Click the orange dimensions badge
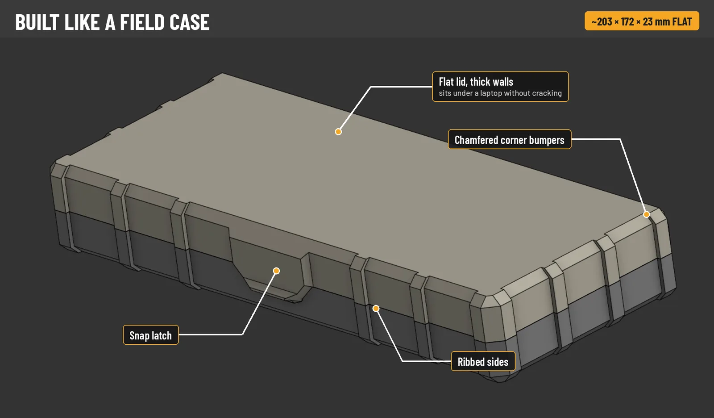[x=642, y=21]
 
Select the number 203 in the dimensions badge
[x=604, y=22]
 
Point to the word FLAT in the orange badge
[x=682, y=22]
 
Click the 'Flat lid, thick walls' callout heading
[x=476, y=82]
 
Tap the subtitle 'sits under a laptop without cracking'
[x=500, y=93]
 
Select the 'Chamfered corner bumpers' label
[x=509, y=139]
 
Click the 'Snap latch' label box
[x=151, y=335]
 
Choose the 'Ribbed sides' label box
[x=483, y=361]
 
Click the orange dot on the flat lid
[x=338, y=131]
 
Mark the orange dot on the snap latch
[x=276, y=271]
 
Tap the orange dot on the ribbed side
[x=376, y=308]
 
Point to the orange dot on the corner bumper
[x=647, y=214]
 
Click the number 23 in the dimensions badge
[x=648, y=22]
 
